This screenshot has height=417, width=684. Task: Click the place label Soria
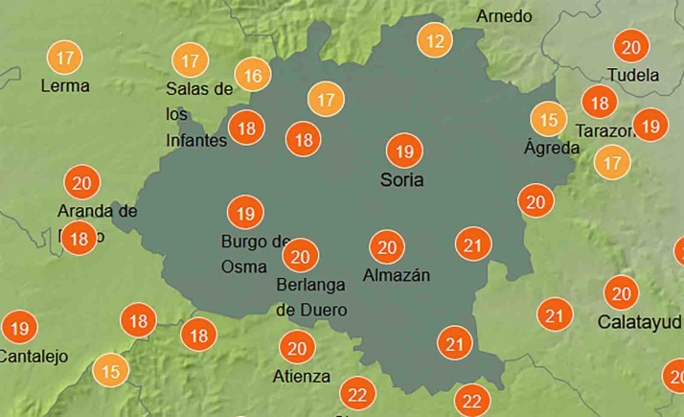tap(402, 179)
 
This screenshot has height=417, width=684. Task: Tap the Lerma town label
tap(65, 85)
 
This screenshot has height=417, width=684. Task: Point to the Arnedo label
tap(504, 16)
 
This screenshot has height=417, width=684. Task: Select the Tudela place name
tap(633, 75)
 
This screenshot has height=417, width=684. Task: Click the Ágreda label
tap(552, 148)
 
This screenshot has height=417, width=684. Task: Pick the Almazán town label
tap(397, 275)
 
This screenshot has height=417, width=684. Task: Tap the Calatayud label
tap(640, 321)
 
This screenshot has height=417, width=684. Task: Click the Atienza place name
tap(301, 376)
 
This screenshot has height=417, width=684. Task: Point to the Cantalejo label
tap(34, 357)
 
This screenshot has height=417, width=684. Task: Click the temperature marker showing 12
tap(436, 40)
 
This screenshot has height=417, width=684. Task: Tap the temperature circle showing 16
tap(253, 75)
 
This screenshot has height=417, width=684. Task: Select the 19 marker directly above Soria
tap(403, 151)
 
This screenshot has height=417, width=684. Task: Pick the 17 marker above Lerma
tap(65, 57)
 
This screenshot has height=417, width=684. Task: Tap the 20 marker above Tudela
tap(630, 47)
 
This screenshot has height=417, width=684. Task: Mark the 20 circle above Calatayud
tap(621, 293)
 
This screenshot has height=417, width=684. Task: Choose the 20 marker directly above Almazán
tap(387, 247)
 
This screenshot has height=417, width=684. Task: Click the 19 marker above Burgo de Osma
tap(244, 212)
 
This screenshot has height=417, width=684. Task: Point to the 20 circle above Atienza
tap(296, 348)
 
